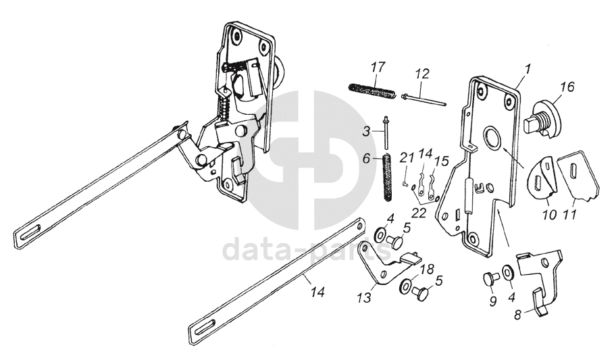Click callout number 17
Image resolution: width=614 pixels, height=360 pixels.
378,68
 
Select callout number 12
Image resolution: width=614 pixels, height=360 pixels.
421,72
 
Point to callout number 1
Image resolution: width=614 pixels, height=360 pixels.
528,68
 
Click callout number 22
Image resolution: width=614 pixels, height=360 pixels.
419,212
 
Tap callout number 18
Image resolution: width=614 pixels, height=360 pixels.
426,269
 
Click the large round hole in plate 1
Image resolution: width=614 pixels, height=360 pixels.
491,139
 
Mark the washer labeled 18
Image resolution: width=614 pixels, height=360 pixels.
407,285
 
